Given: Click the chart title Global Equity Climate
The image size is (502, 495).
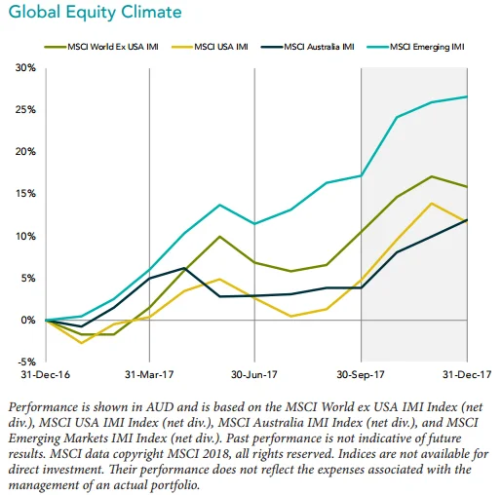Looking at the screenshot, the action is tap(95, 13).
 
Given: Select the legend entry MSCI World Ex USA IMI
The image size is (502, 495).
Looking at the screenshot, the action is tap(101, 47).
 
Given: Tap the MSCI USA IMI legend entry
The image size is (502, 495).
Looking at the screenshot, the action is tap(210, 47).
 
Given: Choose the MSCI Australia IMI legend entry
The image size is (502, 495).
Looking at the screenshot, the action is tap(307, 47).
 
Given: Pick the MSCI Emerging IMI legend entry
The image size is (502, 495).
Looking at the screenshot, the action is tap(415, 47).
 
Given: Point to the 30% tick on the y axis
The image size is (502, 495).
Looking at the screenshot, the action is tap(25, 68).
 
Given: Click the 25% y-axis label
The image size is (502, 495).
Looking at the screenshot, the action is tap(25, 110).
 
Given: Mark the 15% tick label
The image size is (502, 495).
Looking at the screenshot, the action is tap(25, 194).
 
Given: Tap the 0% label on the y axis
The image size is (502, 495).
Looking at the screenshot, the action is tap(28, 321).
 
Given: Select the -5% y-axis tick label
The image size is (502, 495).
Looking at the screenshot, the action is tap(26, 362).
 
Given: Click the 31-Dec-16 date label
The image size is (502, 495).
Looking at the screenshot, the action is tap(46, 375).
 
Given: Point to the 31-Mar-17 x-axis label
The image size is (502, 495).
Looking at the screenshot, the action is tap(149, 375).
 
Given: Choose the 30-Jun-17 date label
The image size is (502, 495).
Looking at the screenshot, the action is tap(254, 375).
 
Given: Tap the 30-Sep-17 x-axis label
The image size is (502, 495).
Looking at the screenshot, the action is tap(361, 375).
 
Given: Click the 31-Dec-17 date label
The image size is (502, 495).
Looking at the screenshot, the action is tap(467, 375).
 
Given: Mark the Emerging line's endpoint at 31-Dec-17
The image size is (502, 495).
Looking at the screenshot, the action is tap(467, 96).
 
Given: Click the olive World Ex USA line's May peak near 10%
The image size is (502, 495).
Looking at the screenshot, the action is tap(220, 237).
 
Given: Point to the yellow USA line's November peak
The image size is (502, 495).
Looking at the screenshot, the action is tap(432, 204).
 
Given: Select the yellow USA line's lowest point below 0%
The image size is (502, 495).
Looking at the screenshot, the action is tap(81, 343).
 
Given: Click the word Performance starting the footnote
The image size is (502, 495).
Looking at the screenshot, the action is tap(44, 407).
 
